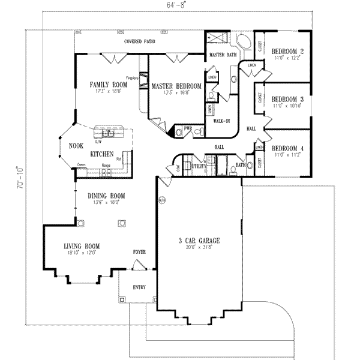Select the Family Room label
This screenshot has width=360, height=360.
tap(109, 85)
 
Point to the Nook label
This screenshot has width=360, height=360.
tap(75, 145)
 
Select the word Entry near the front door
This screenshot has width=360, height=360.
tap(139, 287)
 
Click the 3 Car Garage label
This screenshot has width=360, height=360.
tap(199, 241)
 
